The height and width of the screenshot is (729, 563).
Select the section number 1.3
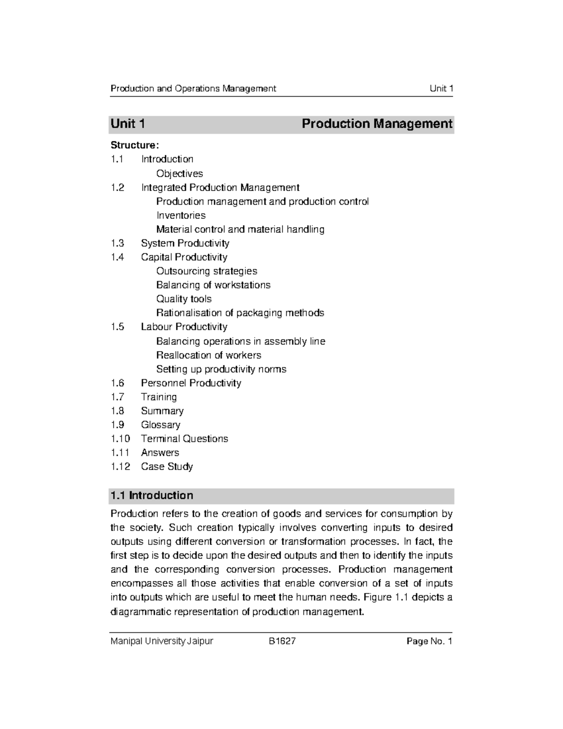117,243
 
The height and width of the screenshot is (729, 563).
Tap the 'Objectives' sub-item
179,174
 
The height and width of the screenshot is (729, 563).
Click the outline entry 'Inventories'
181,215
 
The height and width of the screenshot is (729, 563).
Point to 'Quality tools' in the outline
183,299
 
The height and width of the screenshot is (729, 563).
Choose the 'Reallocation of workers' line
208,355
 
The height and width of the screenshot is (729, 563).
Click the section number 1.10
120,439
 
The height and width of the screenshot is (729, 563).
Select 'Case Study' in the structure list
167,467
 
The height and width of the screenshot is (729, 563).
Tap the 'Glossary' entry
160,425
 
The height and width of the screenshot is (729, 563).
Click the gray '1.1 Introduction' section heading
151,496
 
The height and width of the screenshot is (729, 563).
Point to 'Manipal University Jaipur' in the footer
161,641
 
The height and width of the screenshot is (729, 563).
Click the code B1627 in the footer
282,641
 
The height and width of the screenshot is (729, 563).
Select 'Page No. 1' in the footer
429,641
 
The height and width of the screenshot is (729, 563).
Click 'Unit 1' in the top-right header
441,89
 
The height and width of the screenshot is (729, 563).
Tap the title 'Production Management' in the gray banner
377,124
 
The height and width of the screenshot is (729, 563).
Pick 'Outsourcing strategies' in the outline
206,271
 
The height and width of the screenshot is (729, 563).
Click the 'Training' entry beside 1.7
159,397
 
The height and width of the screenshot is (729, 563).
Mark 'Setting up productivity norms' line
221,369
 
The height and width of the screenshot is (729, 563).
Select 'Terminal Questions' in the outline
184,439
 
